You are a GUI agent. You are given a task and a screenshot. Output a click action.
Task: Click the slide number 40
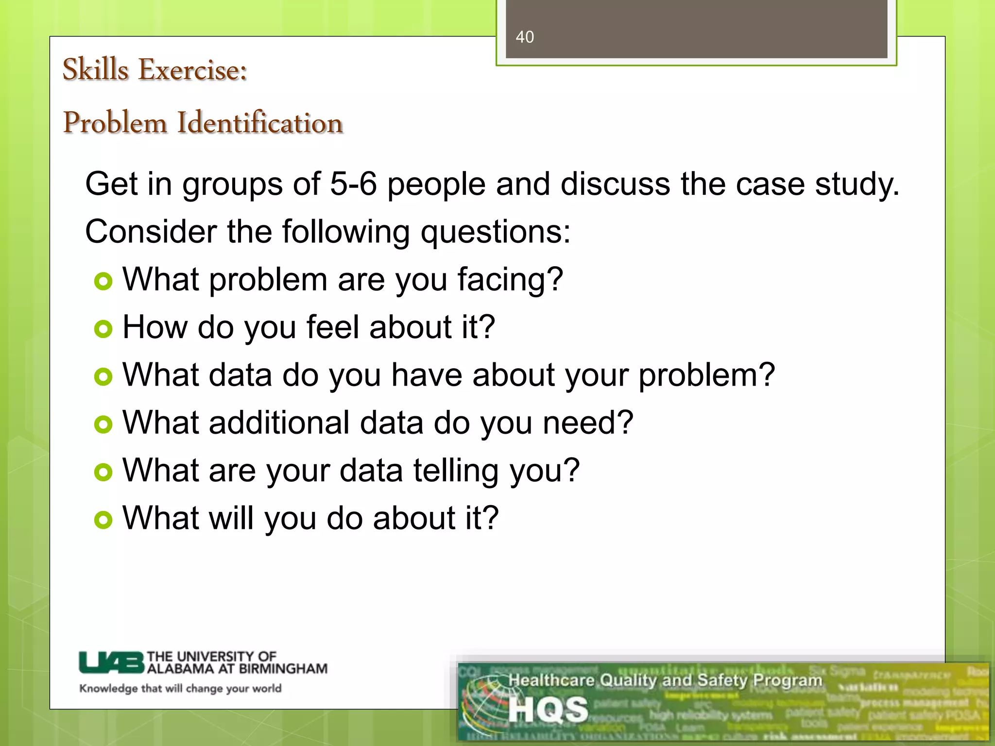524,37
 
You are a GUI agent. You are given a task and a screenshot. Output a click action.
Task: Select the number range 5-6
353,184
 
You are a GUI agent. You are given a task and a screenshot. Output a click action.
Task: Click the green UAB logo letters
112,662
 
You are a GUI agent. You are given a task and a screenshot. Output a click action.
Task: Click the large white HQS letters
548,710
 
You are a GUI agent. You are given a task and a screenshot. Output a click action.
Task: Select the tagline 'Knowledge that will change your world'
180,688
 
